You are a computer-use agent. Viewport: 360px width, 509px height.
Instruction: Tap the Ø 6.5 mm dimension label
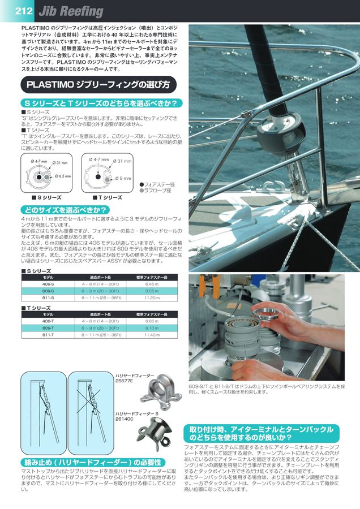[x=62, y=176]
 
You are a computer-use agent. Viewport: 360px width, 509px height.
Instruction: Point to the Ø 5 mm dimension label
[x=123, y=179]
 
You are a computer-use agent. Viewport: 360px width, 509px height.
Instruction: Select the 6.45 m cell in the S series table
[x=151, y=284]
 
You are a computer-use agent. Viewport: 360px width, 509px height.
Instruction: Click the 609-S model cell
[x=48, y=290]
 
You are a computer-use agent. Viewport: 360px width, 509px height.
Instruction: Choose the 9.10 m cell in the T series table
[x=151, y=327]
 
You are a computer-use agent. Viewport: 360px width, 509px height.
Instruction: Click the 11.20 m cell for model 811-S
[x=151, y=297]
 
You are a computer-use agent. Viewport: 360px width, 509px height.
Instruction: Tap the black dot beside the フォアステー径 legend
[x=142, y=184]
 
